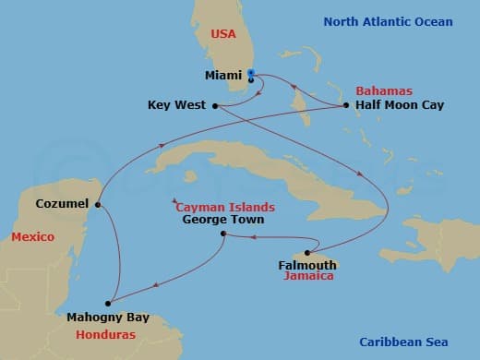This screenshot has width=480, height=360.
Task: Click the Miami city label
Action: coord(224,75)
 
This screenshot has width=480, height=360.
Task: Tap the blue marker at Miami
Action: coord(252,75)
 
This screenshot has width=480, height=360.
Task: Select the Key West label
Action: coord(176,105)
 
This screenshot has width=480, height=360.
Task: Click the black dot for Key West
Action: coord(215,105)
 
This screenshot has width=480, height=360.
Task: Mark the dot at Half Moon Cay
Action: coord(345,105)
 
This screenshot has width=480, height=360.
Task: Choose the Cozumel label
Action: coord(61,203)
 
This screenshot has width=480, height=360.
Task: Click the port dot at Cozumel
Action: coord(98,205)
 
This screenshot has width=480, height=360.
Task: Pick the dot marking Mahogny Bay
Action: coord(108,302)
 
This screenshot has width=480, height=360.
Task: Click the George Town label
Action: coord(222,220)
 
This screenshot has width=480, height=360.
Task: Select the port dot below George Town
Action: coord(224,234)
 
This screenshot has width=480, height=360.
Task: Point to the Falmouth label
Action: coord(306,265)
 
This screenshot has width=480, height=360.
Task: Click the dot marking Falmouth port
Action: coord(307,252)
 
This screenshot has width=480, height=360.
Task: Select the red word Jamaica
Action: coord(308,276)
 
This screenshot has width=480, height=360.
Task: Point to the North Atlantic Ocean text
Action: coord(388,21)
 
